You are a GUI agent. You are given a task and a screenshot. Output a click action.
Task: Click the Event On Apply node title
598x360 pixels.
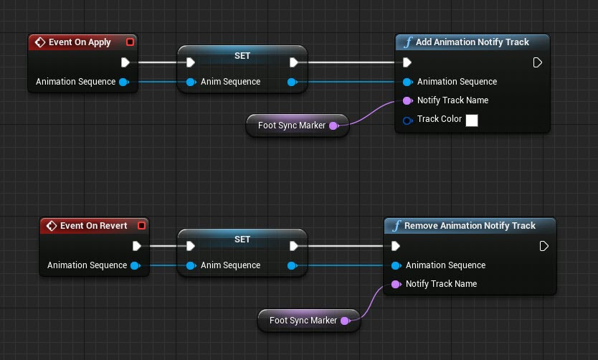click(80, 42)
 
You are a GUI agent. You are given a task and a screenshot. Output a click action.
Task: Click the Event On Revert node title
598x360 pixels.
click(93, 226)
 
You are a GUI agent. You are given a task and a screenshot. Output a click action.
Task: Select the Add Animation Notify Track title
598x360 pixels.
click(472, 42)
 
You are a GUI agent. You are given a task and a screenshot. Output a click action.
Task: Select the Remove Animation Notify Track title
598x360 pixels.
click(470, 226)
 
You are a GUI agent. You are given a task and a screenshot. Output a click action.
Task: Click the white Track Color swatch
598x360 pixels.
click(472, 120)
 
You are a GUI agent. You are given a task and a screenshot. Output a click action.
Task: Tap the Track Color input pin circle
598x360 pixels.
click(407, 120)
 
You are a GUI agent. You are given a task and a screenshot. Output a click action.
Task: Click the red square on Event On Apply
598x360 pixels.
click(130, 42)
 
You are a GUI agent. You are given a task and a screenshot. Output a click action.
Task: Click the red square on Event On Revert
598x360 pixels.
click(141, 226)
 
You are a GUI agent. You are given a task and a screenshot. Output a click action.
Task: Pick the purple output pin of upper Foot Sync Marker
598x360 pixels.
click(333, 126)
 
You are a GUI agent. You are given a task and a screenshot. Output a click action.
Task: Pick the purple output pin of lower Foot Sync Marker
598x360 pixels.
click(344, 321)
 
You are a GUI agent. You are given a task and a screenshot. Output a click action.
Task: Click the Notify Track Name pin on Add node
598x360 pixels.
click(407, 100)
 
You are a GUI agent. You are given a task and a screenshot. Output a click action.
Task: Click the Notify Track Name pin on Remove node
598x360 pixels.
click(396, 284)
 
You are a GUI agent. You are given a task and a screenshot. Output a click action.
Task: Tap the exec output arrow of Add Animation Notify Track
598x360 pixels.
click(538, 62)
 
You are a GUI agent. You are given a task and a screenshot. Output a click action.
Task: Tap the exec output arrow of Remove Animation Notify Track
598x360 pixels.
click(544, 246)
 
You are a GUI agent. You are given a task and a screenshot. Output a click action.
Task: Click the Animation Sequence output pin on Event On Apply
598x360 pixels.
click(123, 82)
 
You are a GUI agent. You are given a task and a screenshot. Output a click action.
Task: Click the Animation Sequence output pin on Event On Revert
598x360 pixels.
click(135, 265)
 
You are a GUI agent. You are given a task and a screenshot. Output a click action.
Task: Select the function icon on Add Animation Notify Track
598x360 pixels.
click(408, 42)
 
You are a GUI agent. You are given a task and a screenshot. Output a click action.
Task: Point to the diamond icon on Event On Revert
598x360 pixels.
click(51, 226)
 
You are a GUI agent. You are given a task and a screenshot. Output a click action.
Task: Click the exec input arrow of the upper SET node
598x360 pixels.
click(190, 62)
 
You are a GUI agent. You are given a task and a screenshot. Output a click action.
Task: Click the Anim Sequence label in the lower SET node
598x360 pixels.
click(230, 265)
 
